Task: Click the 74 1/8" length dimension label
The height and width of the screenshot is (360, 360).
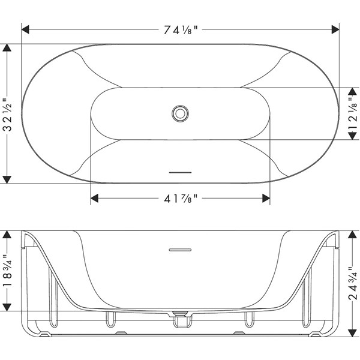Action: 181,30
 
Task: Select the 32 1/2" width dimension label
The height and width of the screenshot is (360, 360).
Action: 7,114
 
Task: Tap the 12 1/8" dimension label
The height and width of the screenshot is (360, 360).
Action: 353,113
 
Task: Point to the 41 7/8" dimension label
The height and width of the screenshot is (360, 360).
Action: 181,199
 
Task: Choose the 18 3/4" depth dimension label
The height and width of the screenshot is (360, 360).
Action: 7,271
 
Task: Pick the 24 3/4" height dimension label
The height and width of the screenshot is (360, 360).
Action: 353,283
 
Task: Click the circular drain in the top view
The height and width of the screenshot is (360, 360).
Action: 180,113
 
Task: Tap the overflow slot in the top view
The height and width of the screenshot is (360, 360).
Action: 180,172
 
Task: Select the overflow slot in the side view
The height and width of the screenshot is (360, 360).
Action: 180,250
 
